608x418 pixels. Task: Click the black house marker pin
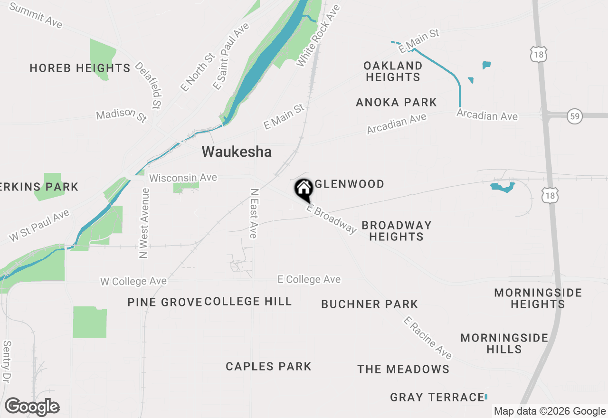click(304, 189)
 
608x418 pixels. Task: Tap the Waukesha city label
click(237, 152)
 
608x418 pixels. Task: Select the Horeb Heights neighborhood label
click(80, 68)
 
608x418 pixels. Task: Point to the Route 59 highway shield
click(575, 115)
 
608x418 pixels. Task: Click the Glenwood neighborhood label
click(349, 184)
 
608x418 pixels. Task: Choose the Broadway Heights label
click(397, 231)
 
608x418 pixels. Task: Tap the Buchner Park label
click(370, 304)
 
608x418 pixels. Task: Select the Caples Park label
click(268, 366)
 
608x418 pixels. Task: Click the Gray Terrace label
click(437, 397)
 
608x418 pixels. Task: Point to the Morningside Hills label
click(504, 343)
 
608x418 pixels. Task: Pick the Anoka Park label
click(396, 102)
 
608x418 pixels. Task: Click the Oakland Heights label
click(393, 71)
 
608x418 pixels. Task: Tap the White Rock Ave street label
click(318, 36)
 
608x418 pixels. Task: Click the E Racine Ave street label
click(427, 338)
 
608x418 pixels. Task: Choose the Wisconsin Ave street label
click(183, 178)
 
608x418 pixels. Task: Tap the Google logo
click(32, 407)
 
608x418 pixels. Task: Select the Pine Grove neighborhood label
click(164, 302)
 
